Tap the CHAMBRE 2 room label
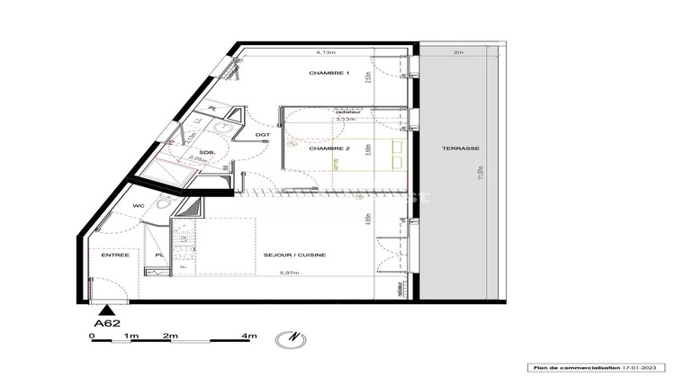coord(328,148)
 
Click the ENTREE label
coord(115,256)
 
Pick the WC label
coord(139,206)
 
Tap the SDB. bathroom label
coord(206,151)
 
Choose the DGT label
coord(263,135)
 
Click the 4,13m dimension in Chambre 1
coord(313,52)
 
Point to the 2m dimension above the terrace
coord(458,53)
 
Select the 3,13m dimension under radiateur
coord(345,118)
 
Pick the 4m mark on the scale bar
coord(251,335)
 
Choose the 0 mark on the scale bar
coord(92,335)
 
